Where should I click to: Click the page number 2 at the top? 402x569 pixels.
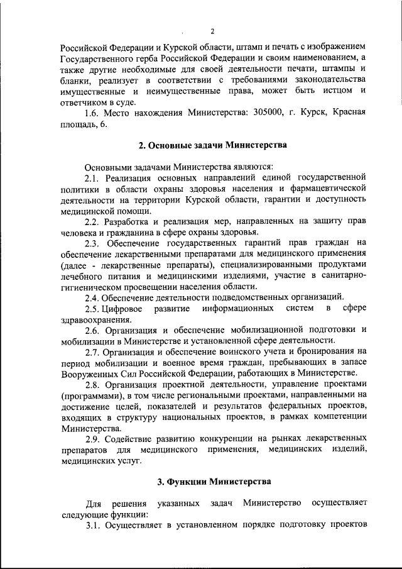(x=213, y=31)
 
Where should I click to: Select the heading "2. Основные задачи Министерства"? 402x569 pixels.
(x=212, y=146)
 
